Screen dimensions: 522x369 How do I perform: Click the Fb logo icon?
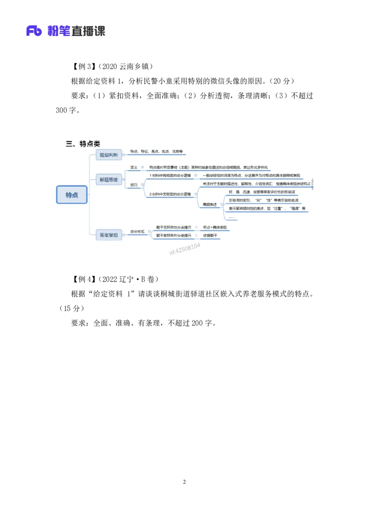tap(34, 31)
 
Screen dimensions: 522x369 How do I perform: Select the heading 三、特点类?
tap(83, 144)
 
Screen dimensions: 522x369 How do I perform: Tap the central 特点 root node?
tap(72, 195)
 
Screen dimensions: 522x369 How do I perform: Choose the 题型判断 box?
tap(109, 155)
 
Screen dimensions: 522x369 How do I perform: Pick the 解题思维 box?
tap(109, 179)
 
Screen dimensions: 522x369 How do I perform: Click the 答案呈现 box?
tap(109, 235)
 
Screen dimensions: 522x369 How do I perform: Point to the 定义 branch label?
tap(134, 167)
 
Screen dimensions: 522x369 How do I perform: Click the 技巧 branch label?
tap(134, 185)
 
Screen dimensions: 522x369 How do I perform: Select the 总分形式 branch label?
tap(137, 231)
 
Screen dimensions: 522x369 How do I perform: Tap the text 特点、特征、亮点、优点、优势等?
tap(156, 151)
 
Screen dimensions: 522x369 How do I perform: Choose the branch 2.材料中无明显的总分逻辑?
tap(170, 194)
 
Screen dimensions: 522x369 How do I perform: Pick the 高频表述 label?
tap(209, 204)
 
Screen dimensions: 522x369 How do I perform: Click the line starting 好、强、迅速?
tap(262, 192)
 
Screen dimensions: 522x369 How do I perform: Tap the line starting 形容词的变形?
tap(263, 200)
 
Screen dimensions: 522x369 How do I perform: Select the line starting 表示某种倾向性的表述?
tap(267, 208)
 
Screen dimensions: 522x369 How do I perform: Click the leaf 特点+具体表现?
tap(215, 227)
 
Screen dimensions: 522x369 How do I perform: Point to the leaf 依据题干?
tap(210, 235)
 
